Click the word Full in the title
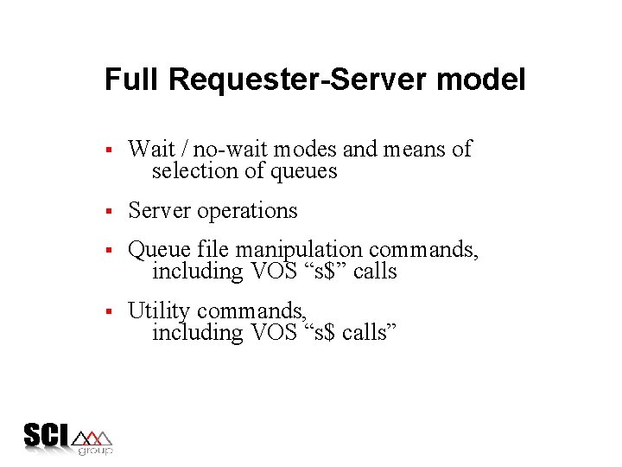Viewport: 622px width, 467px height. (133, 80)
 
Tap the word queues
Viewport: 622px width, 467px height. (303, 172)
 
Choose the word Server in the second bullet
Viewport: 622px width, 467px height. (160, 210)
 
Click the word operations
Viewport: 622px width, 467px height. (248, 211)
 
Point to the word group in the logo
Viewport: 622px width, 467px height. (95, 451)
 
